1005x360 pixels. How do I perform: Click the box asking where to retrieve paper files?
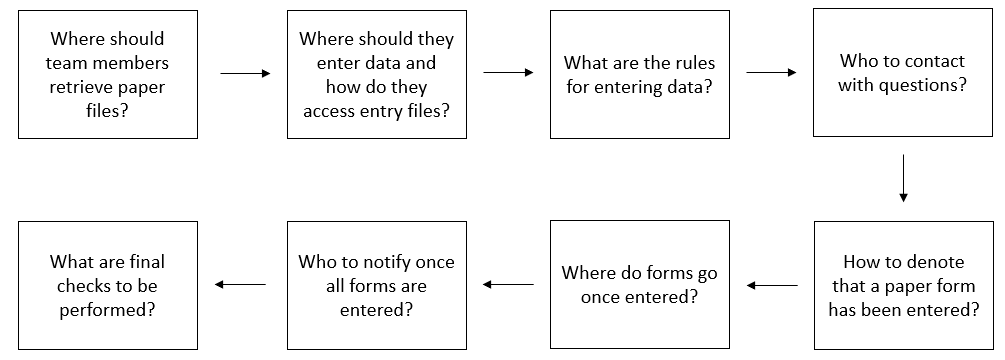[x=108, y=75]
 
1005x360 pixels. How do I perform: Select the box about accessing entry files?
[x=376, y=75]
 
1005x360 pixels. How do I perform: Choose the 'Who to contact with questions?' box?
[x=902, y=73]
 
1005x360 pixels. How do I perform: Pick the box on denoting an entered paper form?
[x=902, y=286]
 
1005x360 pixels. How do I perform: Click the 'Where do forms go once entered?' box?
[x=639, y=286]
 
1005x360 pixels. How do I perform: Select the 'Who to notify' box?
[x=376, y=286]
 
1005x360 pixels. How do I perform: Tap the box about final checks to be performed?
[x=108, y=286]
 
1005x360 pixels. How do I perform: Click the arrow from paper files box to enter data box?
[x=245, y=74]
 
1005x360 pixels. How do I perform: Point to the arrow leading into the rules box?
[x=508, y=73]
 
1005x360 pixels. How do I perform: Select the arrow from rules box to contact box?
[x=771, y=73]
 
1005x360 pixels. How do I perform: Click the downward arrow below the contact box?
[x=903, y=179]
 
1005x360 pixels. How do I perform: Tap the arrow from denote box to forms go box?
[x=772, y=286]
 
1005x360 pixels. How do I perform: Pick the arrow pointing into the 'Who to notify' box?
[x=508, y=286]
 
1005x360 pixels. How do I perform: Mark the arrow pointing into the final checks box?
[x=241, y=285]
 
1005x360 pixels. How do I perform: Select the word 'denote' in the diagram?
[x=938, y=262]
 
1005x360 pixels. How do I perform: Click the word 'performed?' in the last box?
[x=108, y=310]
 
